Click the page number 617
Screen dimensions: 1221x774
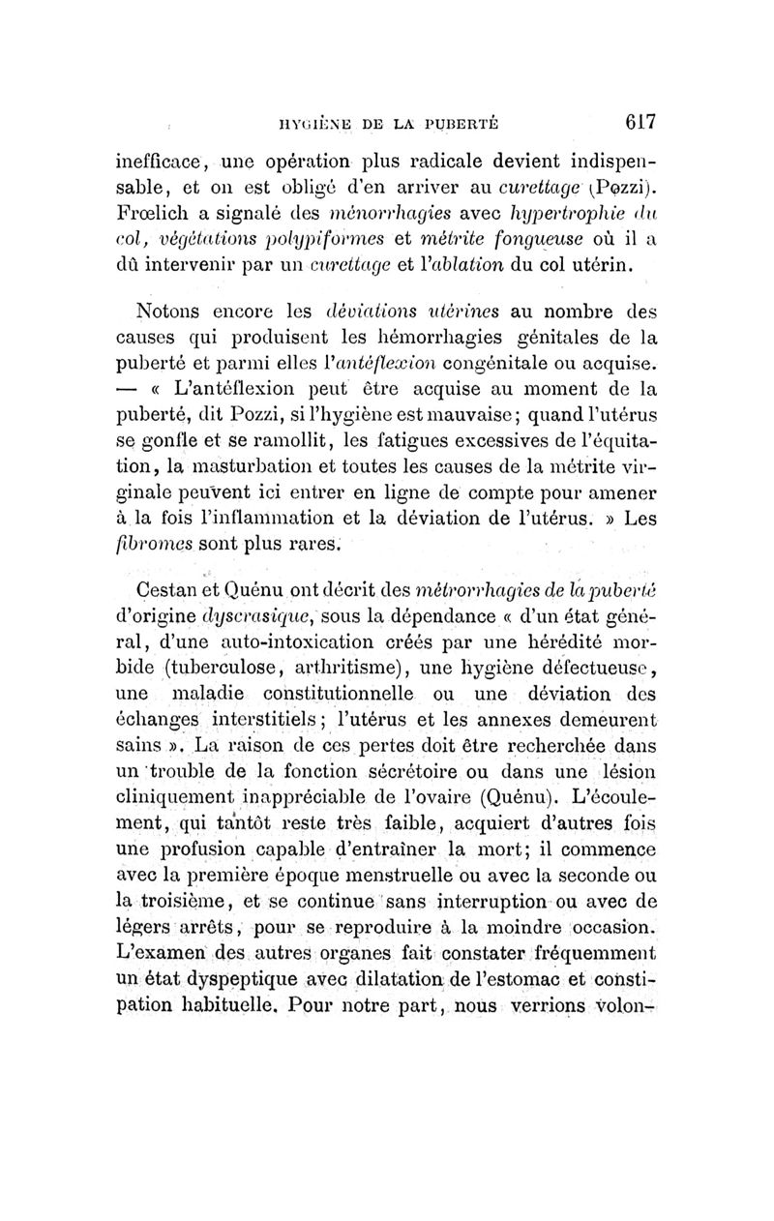[640, 122]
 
